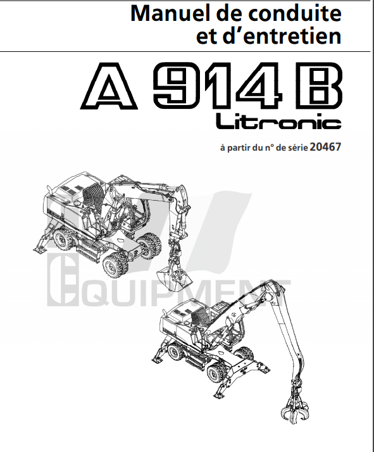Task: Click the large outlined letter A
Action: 109,86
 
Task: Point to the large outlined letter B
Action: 320,86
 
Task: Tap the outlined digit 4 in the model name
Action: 258,86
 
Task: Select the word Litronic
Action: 278,122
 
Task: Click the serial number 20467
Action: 325,147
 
